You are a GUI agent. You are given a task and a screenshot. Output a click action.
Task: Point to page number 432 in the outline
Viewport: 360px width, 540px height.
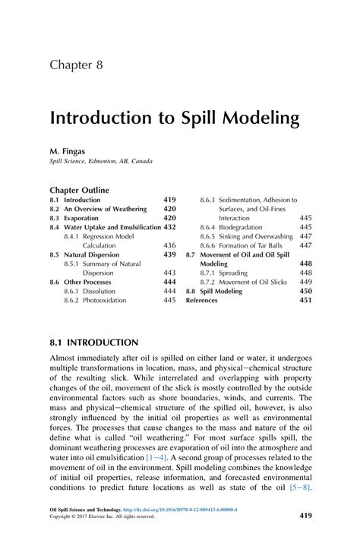click(170, 226)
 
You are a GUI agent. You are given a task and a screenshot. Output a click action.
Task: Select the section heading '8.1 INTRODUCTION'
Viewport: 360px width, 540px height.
click(94, 343)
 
